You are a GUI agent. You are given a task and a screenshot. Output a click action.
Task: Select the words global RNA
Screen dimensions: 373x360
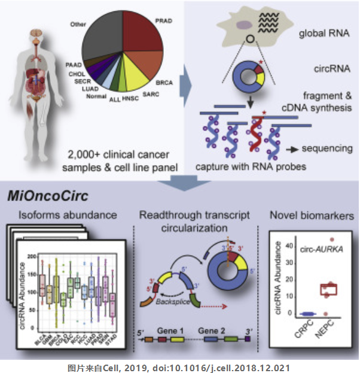pyautogui.click(x=323, y=32)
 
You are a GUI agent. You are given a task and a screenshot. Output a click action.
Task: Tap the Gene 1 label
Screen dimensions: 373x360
pyautogui.click(x=172, y=330)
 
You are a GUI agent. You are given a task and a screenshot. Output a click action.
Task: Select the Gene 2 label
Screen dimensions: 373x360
pyautogui.click(x=213, y=330)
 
